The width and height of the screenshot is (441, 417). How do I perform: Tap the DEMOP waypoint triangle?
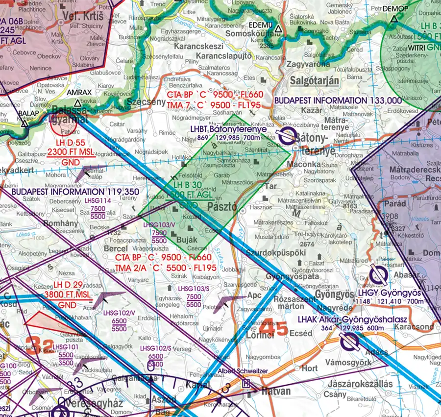coord(394,20)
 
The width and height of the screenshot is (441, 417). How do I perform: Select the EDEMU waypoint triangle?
coord(278,29)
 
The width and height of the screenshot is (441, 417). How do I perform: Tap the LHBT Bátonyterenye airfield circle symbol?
coord(287,136)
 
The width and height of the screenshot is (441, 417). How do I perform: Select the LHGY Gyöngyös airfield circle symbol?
coord(377,275)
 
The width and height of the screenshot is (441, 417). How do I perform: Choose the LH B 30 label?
coord(187,185)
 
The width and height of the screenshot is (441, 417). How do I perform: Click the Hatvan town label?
coord(275,392)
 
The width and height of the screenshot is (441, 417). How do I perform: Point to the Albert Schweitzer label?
coord(243,371)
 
